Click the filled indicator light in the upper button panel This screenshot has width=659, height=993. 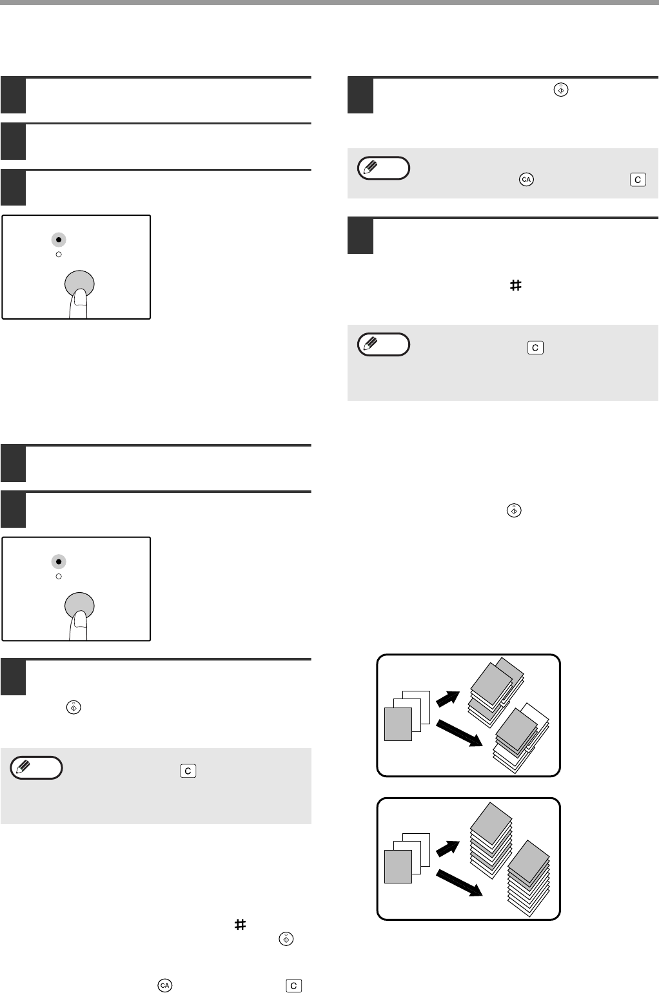pos(59,240)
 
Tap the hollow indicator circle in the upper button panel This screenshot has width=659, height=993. pos(59,255)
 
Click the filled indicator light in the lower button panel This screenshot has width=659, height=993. pos(59,561)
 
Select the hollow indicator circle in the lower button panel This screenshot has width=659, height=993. pos(59,576)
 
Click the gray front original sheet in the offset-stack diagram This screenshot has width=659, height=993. pos(397,723)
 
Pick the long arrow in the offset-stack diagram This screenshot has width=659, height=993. pos(459,733)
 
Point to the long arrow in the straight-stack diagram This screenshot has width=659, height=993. pos(459,881)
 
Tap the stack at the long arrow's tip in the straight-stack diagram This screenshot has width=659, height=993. pos(529,873)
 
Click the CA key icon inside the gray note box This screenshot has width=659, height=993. pos(526,180)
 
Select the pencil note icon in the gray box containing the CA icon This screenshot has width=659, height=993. pos(384,168)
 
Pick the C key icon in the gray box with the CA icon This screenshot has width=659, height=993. pos(637,180)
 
